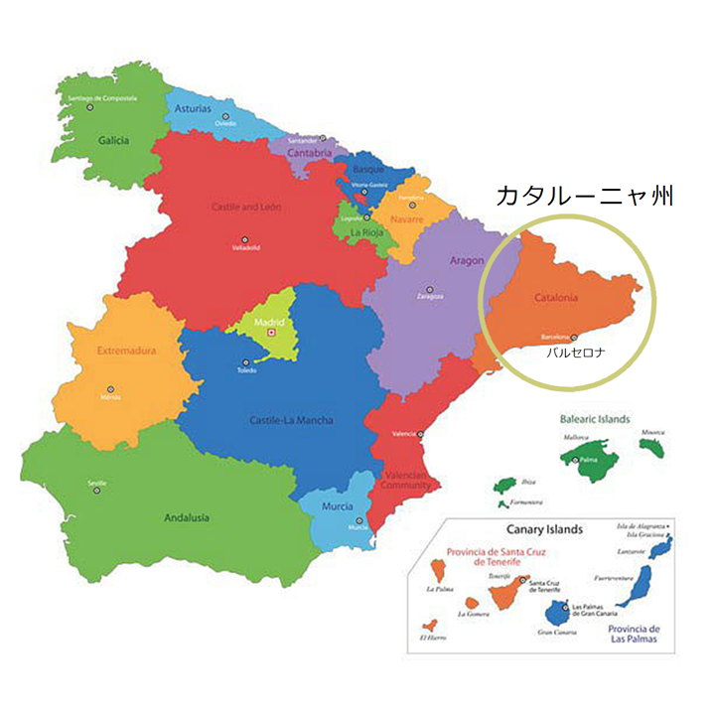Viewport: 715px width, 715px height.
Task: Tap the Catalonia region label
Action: [555, 297]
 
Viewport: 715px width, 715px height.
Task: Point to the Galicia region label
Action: [113, 140]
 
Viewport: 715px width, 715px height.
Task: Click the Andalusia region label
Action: [186, 516]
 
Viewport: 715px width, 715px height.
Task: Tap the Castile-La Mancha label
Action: [291, 420]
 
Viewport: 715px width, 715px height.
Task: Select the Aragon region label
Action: [467, 260]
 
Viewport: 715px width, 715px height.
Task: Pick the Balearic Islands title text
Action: [593, 419]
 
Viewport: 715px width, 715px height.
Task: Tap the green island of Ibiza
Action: [504, 486]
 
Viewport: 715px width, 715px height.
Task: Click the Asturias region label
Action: [192, 107]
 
